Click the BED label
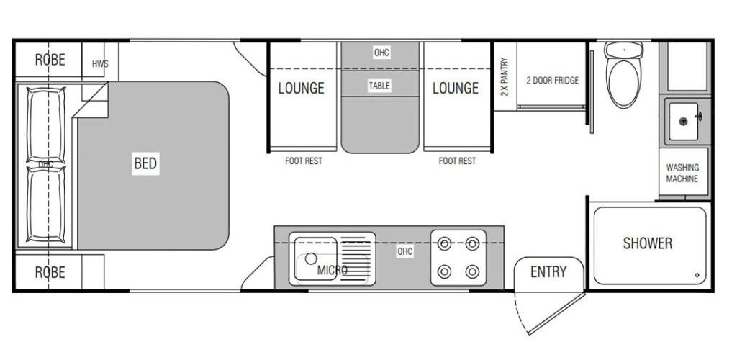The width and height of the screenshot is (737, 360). (x=145, y=163)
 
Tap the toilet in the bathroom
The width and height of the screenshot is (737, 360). (x=624, y=75)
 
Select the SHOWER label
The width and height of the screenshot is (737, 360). (x=647, y=243)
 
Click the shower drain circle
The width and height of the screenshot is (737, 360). (x=697, y=276)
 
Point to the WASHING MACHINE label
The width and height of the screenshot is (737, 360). (x=682, y=173)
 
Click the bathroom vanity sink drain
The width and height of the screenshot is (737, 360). (x=683, y=121)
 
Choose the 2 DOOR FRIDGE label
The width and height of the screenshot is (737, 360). (x=552, y=81)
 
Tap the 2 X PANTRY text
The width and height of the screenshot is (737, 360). (x=505, y=76)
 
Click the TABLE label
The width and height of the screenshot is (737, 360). (x=379, y=86)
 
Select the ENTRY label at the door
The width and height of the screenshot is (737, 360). (x=548, y=271)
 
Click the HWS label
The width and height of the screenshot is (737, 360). (x=100, y=64)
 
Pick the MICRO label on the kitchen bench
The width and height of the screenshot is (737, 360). (x=333, y=270)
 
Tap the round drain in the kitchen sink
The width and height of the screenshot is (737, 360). (x=311, y=258)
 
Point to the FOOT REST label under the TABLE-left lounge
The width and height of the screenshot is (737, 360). (x=304, y=161)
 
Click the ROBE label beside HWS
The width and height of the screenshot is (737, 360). (x=50, y=60)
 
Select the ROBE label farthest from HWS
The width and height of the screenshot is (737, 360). (x=50, y=272)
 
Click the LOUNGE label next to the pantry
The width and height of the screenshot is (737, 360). (x=456, y=88)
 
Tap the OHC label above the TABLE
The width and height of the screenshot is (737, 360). (x=381, y=53)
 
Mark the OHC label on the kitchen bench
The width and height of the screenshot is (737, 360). (x=404, y=251)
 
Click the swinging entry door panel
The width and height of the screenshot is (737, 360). (x=556, y=314)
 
